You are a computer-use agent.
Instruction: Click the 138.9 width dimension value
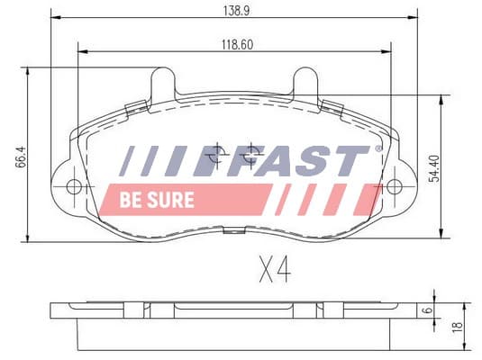236,11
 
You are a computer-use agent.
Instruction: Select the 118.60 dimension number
238,45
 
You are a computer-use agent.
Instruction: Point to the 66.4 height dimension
22,157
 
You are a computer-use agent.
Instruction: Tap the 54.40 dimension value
434,168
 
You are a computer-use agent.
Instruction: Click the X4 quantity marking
275,270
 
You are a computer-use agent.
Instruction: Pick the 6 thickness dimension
428,310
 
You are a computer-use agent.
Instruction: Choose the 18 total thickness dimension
458,326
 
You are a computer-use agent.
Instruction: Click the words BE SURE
157,200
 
